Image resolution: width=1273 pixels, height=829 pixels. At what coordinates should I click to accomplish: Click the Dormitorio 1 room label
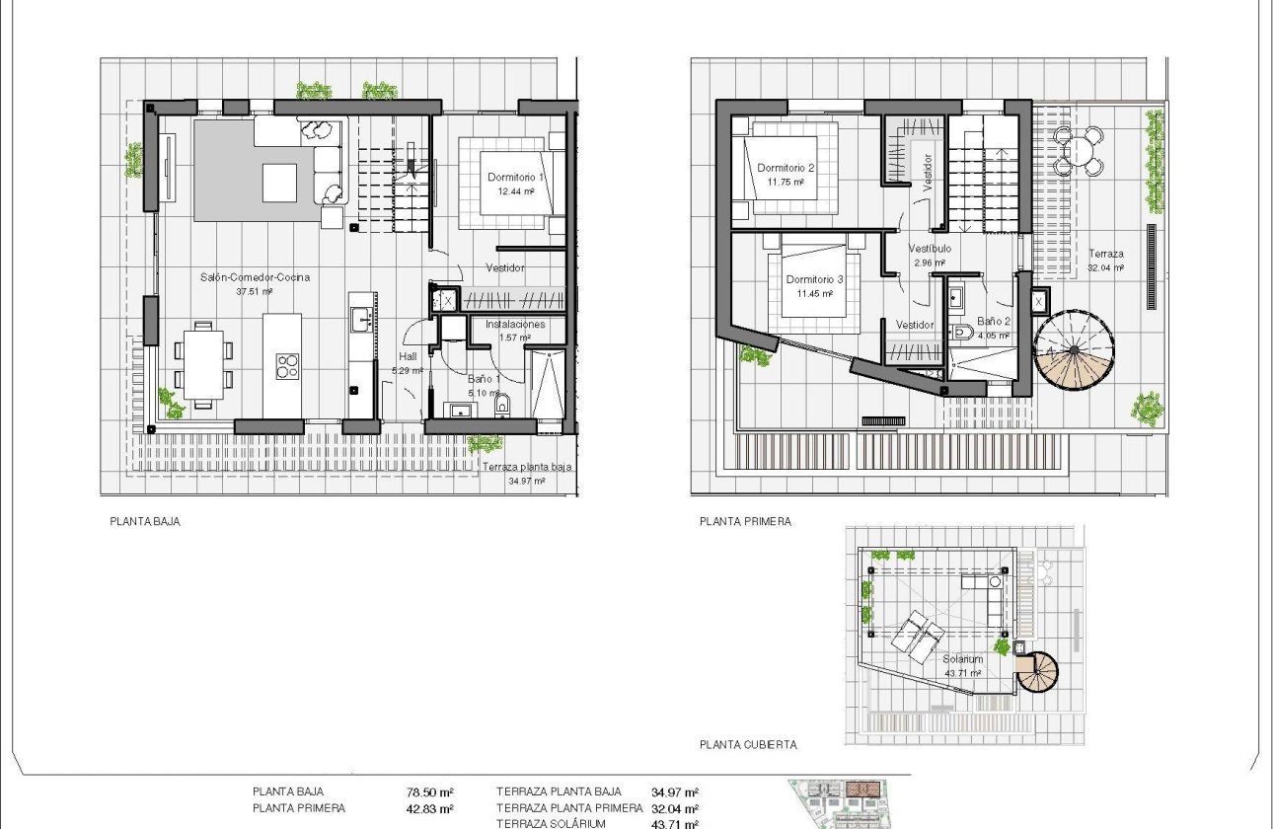pyautogui.click(x=515, y=178)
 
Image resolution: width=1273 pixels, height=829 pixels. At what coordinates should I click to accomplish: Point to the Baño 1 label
pyautogui.click(x=485, y=379)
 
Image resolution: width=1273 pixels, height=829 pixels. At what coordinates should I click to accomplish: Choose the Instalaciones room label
pyautogui.click(x=515, y=324)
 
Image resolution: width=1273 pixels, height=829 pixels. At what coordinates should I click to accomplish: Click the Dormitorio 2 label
pyautogui.click(x=786, y=168)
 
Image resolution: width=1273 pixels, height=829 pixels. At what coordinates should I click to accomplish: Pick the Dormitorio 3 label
pyautogui.click(x=814, y=280)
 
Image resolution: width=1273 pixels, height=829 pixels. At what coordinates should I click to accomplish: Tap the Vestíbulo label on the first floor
pyautogui.click(x=930, y=250)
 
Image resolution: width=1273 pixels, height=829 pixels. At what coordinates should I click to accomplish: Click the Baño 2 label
pyautogui.click(x=994, y=322)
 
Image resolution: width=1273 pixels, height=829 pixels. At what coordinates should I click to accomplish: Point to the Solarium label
pyautogui.click(x=962, y=659)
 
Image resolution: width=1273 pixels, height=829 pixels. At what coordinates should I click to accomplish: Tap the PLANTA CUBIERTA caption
pyautogui.click(x=748, y=745)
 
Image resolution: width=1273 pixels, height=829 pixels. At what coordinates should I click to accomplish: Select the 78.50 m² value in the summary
pyautogui.click(x=429, y=791)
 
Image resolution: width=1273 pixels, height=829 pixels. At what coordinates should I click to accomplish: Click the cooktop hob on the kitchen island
pyautogui.click(x=286, y=366)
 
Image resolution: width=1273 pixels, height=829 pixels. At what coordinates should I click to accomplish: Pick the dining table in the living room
pyautogui.click(x=204, y=362)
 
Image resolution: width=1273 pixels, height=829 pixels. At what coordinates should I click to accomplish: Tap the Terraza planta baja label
pyautogui.click(x=527, y=469)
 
